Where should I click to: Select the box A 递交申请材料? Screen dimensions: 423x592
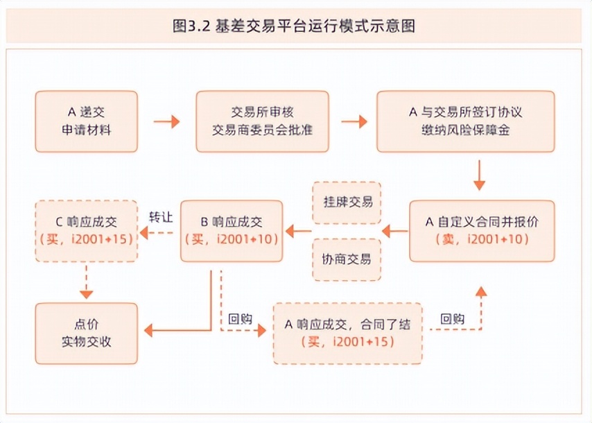pos(87,121)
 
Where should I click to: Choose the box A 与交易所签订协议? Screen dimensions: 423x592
pos(465,121)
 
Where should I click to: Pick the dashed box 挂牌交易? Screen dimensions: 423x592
pos(347,202)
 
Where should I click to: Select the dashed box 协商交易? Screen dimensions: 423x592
pos(347,259)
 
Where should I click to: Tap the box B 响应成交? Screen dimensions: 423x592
pos(232,231)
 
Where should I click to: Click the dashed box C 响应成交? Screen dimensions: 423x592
pos(87,231)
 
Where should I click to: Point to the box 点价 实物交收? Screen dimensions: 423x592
pos(87,334)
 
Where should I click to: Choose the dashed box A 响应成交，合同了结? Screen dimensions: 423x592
pos(347,334)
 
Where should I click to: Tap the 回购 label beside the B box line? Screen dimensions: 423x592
pos(240,320)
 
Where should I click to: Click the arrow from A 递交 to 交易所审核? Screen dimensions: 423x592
pos(166,122)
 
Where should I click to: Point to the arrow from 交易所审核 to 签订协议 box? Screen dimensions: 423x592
pos(354,122)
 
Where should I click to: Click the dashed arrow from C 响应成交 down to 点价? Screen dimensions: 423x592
pos(87,281)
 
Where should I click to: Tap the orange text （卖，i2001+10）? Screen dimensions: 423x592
pos(483,240)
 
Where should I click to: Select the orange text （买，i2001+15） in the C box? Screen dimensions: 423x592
pos(87,240)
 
